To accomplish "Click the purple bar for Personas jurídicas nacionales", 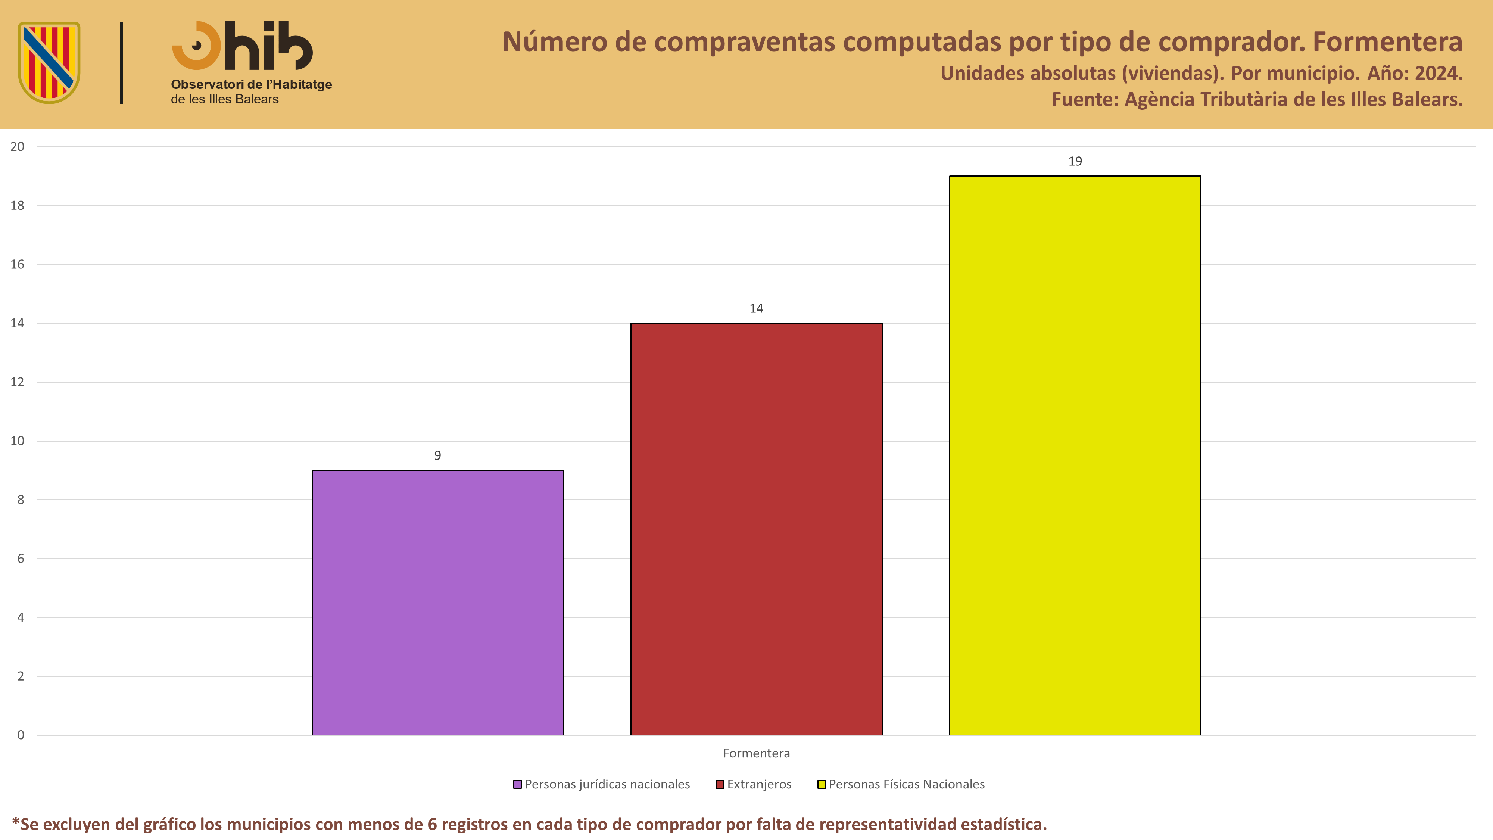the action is point(437,602).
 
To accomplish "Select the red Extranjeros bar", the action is point(756,529).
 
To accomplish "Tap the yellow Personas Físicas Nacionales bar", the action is point(1075,455).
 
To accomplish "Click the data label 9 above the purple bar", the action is point(437,455).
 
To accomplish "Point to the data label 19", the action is point(1075,161).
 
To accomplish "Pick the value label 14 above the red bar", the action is point(756,308).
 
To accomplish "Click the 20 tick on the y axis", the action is point(18,147).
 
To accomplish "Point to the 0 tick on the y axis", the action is point(21,735).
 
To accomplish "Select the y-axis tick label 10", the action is point(18,441).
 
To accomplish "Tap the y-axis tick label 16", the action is point(18,264).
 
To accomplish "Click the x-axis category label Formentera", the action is point(756,753).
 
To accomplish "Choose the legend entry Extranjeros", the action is point(754,784).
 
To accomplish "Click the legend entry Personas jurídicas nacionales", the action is point(602,784).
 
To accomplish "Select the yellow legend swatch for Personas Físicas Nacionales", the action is point(821,784).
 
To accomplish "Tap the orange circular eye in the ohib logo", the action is point(196,45).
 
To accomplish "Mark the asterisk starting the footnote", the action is point(16,821).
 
